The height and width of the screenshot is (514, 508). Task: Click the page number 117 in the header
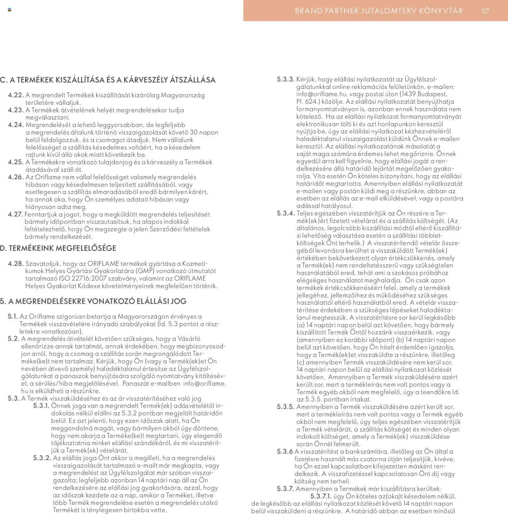point(485,11)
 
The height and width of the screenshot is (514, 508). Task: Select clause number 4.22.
point(16,95)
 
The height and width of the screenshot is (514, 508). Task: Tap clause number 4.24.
point(16,125)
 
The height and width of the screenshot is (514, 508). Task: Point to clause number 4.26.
point(16,177)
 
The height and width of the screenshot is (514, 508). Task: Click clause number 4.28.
point(16,263)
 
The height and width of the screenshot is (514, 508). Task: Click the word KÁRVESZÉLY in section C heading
point(146,80)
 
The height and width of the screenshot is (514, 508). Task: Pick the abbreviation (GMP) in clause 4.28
point(145,271)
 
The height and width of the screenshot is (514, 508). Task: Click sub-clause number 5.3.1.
point(41,405)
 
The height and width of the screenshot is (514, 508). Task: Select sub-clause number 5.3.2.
point(42,458)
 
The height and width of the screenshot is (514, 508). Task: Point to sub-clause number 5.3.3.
point(286,79)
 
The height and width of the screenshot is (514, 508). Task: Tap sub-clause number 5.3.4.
point(286,213)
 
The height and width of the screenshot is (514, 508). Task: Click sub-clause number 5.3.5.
point(286,407)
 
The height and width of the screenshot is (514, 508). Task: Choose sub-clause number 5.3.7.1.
point(321,496)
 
